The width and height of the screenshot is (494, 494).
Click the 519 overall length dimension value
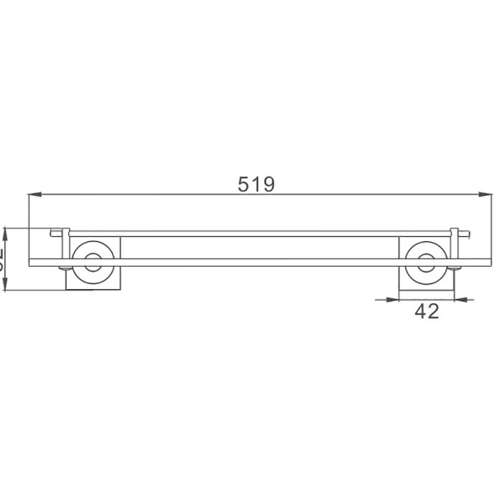[x=256, y=184]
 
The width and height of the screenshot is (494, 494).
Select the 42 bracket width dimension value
[x=426, y=311]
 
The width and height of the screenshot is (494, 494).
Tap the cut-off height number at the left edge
[x=3, y=259]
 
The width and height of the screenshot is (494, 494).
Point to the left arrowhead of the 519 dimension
[x=35, y=195]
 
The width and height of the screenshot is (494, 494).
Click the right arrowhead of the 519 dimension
[x=475, y=195]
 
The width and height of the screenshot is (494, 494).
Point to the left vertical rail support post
[x=63, y=247]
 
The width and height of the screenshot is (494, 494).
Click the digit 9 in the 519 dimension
[x=268, y=184]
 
